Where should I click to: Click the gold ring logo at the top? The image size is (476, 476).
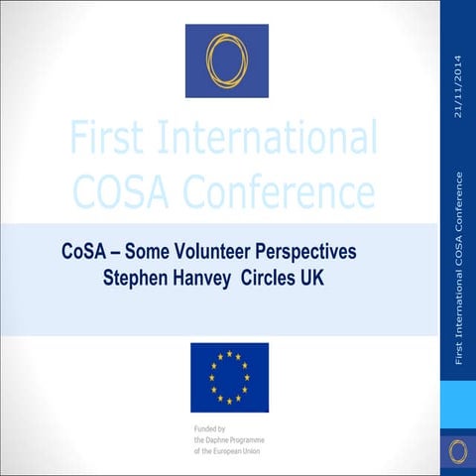click(x=227, y=59)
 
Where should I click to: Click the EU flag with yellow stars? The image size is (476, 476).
click(x=229, y=377)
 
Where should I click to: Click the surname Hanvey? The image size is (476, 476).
click(x=210, y=277)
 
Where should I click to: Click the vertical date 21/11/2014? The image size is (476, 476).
click(x=457, y=83)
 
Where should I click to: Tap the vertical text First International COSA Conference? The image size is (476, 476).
click(x=457, y=268)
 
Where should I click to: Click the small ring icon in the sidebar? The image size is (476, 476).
click(x=457, y=452)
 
